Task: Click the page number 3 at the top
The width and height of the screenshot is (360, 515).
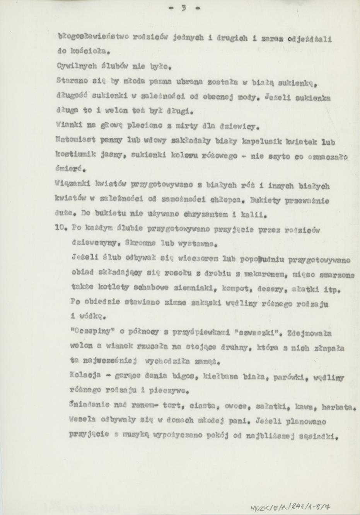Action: (180, 8)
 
